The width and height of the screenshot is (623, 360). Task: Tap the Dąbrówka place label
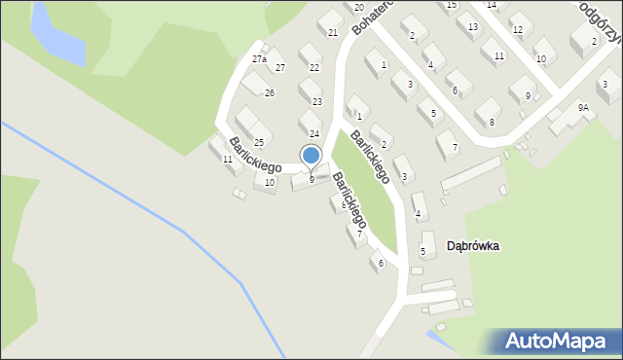point(472,246)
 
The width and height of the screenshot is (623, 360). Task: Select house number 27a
point(259,59)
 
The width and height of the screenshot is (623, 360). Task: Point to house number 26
point(270,93)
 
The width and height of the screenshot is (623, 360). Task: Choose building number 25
point(259,143)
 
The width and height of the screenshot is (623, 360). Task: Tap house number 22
point(313,67)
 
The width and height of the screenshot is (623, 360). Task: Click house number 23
point(316,101)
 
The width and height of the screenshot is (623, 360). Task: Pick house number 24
point(313,133)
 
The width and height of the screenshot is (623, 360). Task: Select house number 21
point(332,33)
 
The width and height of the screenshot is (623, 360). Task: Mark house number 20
point(358,8)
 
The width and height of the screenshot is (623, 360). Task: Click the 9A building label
point(582,108)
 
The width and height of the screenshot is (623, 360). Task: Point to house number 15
point(451,5)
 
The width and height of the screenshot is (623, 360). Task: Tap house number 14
point(491,5)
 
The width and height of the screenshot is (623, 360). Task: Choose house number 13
point(473,26)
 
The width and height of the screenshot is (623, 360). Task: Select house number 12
point(517,30)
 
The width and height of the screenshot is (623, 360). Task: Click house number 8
point(492,122)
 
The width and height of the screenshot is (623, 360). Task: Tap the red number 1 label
point(384,65)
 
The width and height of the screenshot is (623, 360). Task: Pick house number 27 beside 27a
point(280,67)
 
